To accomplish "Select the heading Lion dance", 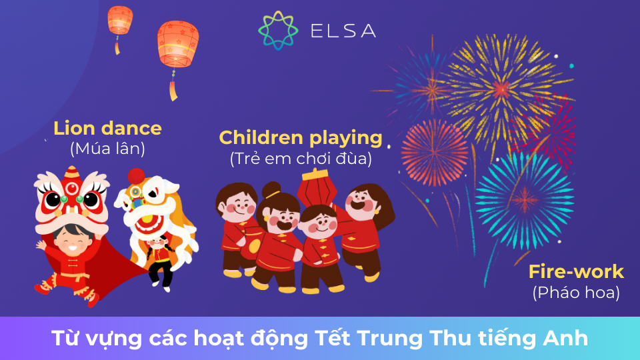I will coord(107,127).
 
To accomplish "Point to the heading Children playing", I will coord(300,138).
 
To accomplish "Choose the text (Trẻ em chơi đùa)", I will coord(300,159).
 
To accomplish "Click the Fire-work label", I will coord(576,272).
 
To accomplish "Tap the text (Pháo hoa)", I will coord(576,292).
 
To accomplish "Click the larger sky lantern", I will coord(177,45).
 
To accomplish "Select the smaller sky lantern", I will coord(120,20).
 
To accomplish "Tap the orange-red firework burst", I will coord(435,152).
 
